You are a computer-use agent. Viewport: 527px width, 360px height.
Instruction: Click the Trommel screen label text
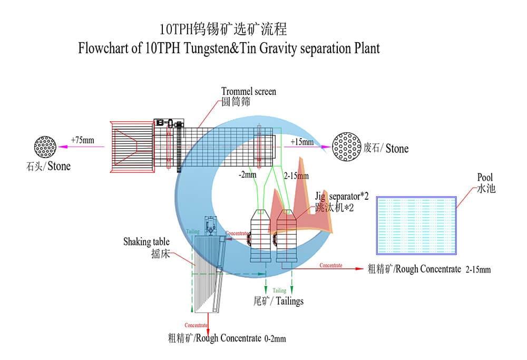(x=248, y=92)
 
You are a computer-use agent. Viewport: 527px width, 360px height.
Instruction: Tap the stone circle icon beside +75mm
(x=46, y=147)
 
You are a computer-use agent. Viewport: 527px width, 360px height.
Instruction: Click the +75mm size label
(x=82, y=140)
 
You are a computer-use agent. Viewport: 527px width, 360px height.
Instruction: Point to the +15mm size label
(x=301, y=142)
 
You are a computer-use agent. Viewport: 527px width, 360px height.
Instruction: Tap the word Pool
(x=485, y=178)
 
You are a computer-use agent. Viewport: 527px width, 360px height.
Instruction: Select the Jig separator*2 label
(x=341, y=197)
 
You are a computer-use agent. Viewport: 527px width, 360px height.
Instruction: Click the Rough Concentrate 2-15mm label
(x=428, y=269)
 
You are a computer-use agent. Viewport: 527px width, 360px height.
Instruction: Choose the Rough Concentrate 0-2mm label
(x=227, y=338)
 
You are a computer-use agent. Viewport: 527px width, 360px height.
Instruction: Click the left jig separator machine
(x=261, y=234)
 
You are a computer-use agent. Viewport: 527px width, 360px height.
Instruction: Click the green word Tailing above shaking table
(x=193, y=230)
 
